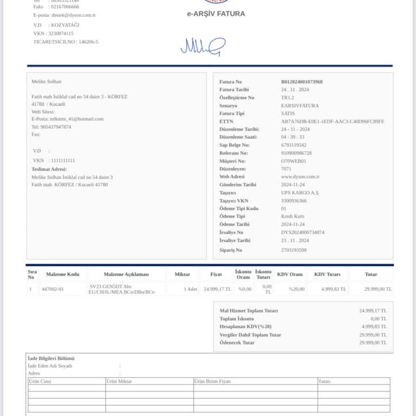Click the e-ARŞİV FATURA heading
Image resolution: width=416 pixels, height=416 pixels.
(216, 14)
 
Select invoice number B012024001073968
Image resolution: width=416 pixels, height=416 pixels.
(302, 82)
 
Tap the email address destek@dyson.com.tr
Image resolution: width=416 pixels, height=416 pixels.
(73, 15)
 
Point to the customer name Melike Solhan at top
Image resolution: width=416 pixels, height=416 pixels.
(47, 82)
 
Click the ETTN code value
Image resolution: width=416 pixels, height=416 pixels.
(332, 121)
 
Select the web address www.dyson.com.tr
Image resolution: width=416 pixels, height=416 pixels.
(300, 177)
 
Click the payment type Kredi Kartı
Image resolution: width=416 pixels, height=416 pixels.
(292, 216)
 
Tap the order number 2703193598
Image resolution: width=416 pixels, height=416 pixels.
(294, 250)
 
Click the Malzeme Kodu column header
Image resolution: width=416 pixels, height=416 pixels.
(62, 275)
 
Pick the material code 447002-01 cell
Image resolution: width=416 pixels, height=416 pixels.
(53, 289)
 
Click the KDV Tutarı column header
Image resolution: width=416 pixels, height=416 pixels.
(327, 275)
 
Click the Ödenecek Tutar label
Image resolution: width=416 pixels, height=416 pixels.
(237, 343)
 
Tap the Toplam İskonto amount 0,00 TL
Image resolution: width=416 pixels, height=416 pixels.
(376, 318)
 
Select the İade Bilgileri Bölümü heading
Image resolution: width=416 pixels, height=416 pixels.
(51, 359)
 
